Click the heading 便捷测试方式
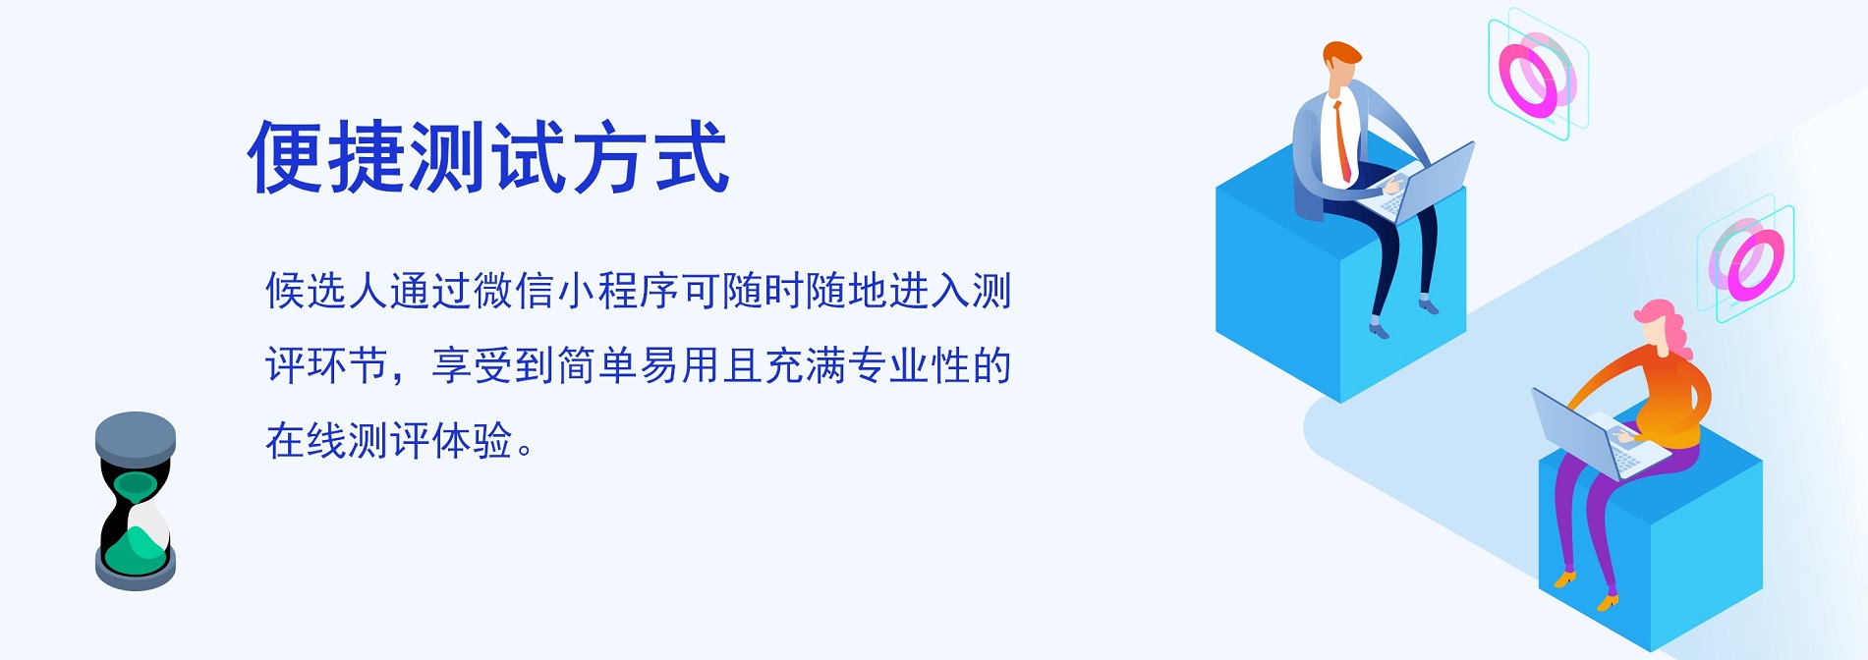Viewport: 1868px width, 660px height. click(x=487, y=156)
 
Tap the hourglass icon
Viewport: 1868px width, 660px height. click(x=136, y=501)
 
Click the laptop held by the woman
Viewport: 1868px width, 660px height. click(x=1597, y=432)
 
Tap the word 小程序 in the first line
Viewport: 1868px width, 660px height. click(x=618, y=291)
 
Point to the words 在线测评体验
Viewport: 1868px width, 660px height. click(x=389, y=440)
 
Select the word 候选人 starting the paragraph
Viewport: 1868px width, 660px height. click(x=327, y=291)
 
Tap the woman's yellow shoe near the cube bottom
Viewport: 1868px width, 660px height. click(x=1608, y=601)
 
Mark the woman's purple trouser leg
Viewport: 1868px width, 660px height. click(x=1597, y=521)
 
